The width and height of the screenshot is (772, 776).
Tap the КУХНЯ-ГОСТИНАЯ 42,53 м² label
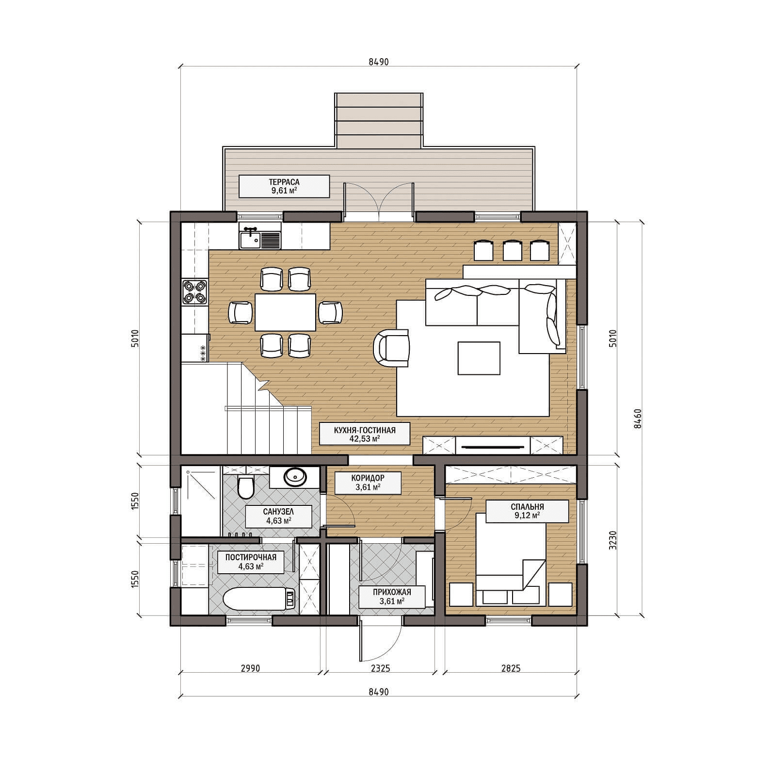tap(365, 434)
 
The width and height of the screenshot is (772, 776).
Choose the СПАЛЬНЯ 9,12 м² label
tap(527, 511)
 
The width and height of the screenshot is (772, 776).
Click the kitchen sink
tap(260, 238)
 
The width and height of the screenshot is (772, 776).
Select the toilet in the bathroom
tap(246, 487)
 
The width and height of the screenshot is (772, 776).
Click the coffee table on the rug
tap(479, 358)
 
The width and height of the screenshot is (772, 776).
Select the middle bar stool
tap(512, 250)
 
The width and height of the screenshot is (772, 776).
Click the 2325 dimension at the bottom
tap(381, 668)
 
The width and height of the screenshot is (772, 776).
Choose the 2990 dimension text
tap(250, 668)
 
